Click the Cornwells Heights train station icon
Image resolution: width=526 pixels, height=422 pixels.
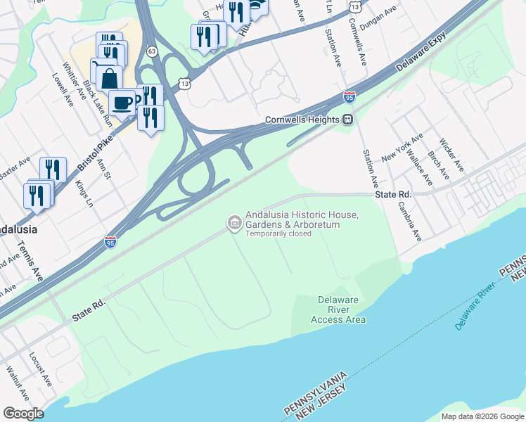(347, 120)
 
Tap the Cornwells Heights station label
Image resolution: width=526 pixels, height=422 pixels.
(302, 120)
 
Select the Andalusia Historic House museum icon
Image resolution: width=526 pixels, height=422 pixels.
(233, 224)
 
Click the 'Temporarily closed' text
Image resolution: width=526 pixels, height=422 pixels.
(278, 234)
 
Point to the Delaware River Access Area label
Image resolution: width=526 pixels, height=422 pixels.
(338, 309)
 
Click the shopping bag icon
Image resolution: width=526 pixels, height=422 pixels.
(110, 78)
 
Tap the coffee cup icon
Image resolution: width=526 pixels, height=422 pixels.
(123, 102)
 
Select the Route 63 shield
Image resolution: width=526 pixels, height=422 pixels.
(152, 51)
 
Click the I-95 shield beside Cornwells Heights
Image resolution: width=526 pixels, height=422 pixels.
(349, 97)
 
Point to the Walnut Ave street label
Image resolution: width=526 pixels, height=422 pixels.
(17, 383)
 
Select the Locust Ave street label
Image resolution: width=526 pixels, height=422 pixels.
(40, 369)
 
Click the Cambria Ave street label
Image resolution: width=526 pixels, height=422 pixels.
(408, 222)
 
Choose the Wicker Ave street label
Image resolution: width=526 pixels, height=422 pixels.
(451, 155)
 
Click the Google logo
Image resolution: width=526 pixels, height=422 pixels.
(23, 414)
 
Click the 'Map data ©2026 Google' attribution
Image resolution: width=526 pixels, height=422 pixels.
(482, 416)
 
